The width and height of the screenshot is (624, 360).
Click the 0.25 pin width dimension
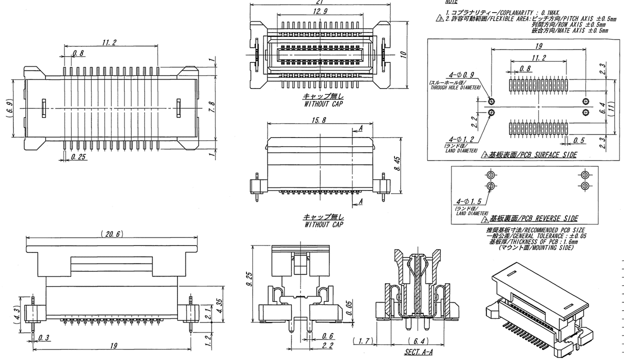click(77, 157)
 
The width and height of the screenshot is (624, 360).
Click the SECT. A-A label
click(413, 352)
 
